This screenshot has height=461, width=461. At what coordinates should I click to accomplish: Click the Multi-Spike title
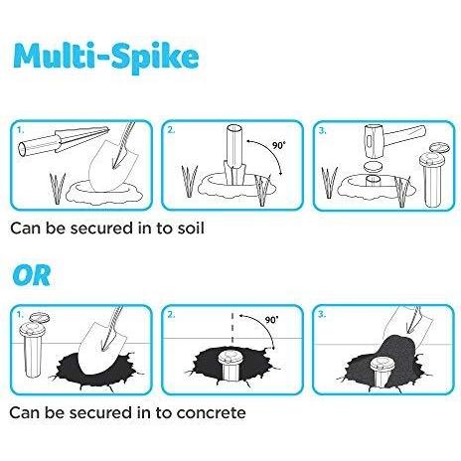106,58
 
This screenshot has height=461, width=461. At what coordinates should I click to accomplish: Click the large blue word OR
32,275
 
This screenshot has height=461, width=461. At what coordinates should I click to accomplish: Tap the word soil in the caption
191,229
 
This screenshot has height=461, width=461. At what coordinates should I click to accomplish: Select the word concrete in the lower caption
211,413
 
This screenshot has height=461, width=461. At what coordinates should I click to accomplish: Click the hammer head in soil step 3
373,142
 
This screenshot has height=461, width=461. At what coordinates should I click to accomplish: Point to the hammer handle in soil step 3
402,136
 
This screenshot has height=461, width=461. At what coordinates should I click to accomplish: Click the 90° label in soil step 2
278,145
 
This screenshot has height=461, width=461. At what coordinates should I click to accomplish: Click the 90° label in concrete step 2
271,320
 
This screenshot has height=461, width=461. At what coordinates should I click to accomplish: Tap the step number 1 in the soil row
21,130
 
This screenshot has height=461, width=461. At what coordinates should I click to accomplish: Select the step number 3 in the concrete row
322,314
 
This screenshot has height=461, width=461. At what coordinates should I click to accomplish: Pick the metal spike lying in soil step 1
64,141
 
